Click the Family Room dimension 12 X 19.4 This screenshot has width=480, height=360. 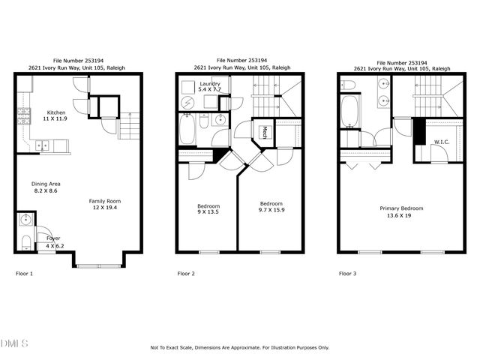tap(105, 208)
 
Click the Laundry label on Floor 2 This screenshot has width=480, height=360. tap(209, 83)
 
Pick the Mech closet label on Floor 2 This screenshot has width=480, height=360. tap(265, 133)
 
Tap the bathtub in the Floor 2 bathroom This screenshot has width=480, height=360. tap(187, 130)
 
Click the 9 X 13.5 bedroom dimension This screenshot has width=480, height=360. tap(208, 212)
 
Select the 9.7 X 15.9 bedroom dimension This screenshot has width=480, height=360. tap(271, 211)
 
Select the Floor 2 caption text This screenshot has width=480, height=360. tap(186, 274)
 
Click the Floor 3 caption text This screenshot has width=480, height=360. tap(347, 274)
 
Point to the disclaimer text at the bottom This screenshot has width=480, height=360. tap(240, 347)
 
